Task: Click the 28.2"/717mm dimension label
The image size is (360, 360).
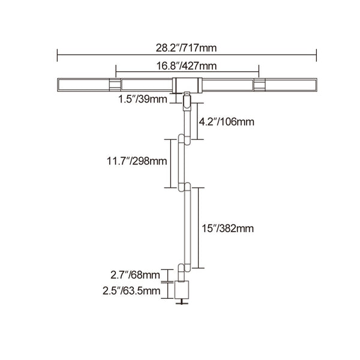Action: (186, 48)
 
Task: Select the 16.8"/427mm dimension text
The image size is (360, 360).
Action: (187, 66)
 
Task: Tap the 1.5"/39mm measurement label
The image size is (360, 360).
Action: (143, 100)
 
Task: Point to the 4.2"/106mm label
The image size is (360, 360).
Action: (226, 122)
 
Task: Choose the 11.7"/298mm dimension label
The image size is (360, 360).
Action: (137, 161)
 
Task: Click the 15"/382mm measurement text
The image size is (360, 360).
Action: (227, 229)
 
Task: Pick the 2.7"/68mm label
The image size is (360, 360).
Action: (135, 275)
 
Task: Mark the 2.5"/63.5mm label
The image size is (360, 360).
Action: (131, 291)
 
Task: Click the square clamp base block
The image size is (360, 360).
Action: (182, 290)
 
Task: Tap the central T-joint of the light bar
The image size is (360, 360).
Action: (187, 85)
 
